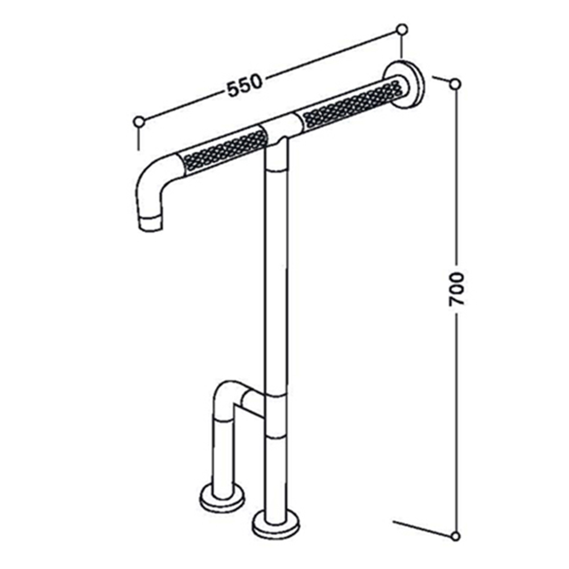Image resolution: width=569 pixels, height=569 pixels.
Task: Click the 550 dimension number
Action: [x=244, y=86]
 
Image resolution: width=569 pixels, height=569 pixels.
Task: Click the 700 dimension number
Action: [x=456, y=289]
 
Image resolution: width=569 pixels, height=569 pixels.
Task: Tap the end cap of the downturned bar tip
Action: [x=150, y=223]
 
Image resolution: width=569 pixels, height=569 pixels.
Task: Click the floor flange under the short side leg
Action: [x=222, y=498]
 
